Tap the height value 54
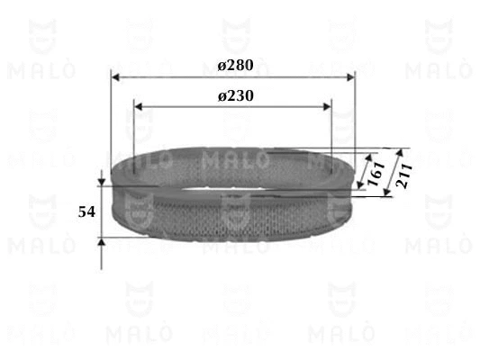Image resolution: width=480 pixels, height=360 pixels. pyautogui.click(x=86, y=212)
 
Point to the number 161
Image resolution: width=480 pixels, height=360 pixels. pyautogui.click(x=376, y=174)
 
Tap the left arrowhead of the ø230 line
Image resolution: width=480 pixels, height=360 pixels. pyautogui.click(x=138, y=107)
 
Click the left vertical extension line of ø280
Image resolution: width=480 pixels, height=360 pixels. pyautogui.click(x=111, y=117)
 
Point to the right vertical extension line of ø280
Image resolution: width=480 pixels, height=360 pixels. pyautogui.click(x=355, y=117)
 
